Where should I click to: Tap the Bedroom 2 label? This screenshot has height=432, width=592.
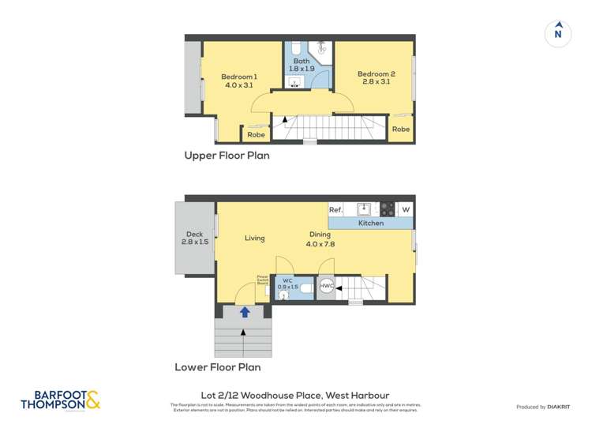coord(377,77)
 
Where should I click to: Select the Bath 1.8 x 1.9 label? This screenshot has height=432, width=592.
coord(302,65)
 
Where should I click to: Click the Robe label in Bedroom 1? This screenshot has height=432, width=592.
coord(256,135)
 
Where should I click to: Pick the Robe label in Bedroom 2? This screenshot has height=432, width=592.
coord(400,129)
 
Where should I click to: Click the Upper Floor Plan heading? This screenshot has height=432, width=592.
coord(227,156)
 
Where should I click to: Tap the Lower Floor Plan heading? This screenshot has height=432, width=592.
coord(217,367)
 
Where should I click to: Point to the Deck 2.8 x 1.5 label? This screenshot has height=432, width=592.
coord(194,238)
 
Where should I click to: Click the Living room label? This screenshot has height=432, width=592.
coord(254,238)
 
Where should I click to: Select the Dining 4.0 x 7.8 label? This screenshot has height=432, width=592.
coord(320,239)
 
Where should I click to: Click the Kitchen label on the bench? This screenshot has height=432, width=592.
coord(370,224)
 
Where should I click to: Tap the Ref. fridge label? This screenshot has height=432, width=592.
coord(335,209)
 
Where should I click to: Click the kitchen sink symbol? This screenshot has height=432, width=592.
coord(363,209)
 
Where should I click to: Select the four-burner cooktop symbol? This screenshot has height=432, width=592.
coord(387,209)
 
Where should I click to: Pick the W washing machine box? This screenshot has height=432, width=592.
coord(405,209)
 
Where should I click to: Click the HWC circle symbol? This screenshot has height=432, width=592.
coord(326,286)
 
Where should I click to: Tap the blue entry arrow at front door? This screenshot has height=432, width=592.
coord(245,312)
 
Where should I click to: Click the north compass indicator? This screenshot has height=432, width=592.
coord(557,33)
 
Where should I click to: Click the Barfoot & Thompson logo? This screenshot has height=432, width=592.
coord(61,400)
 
